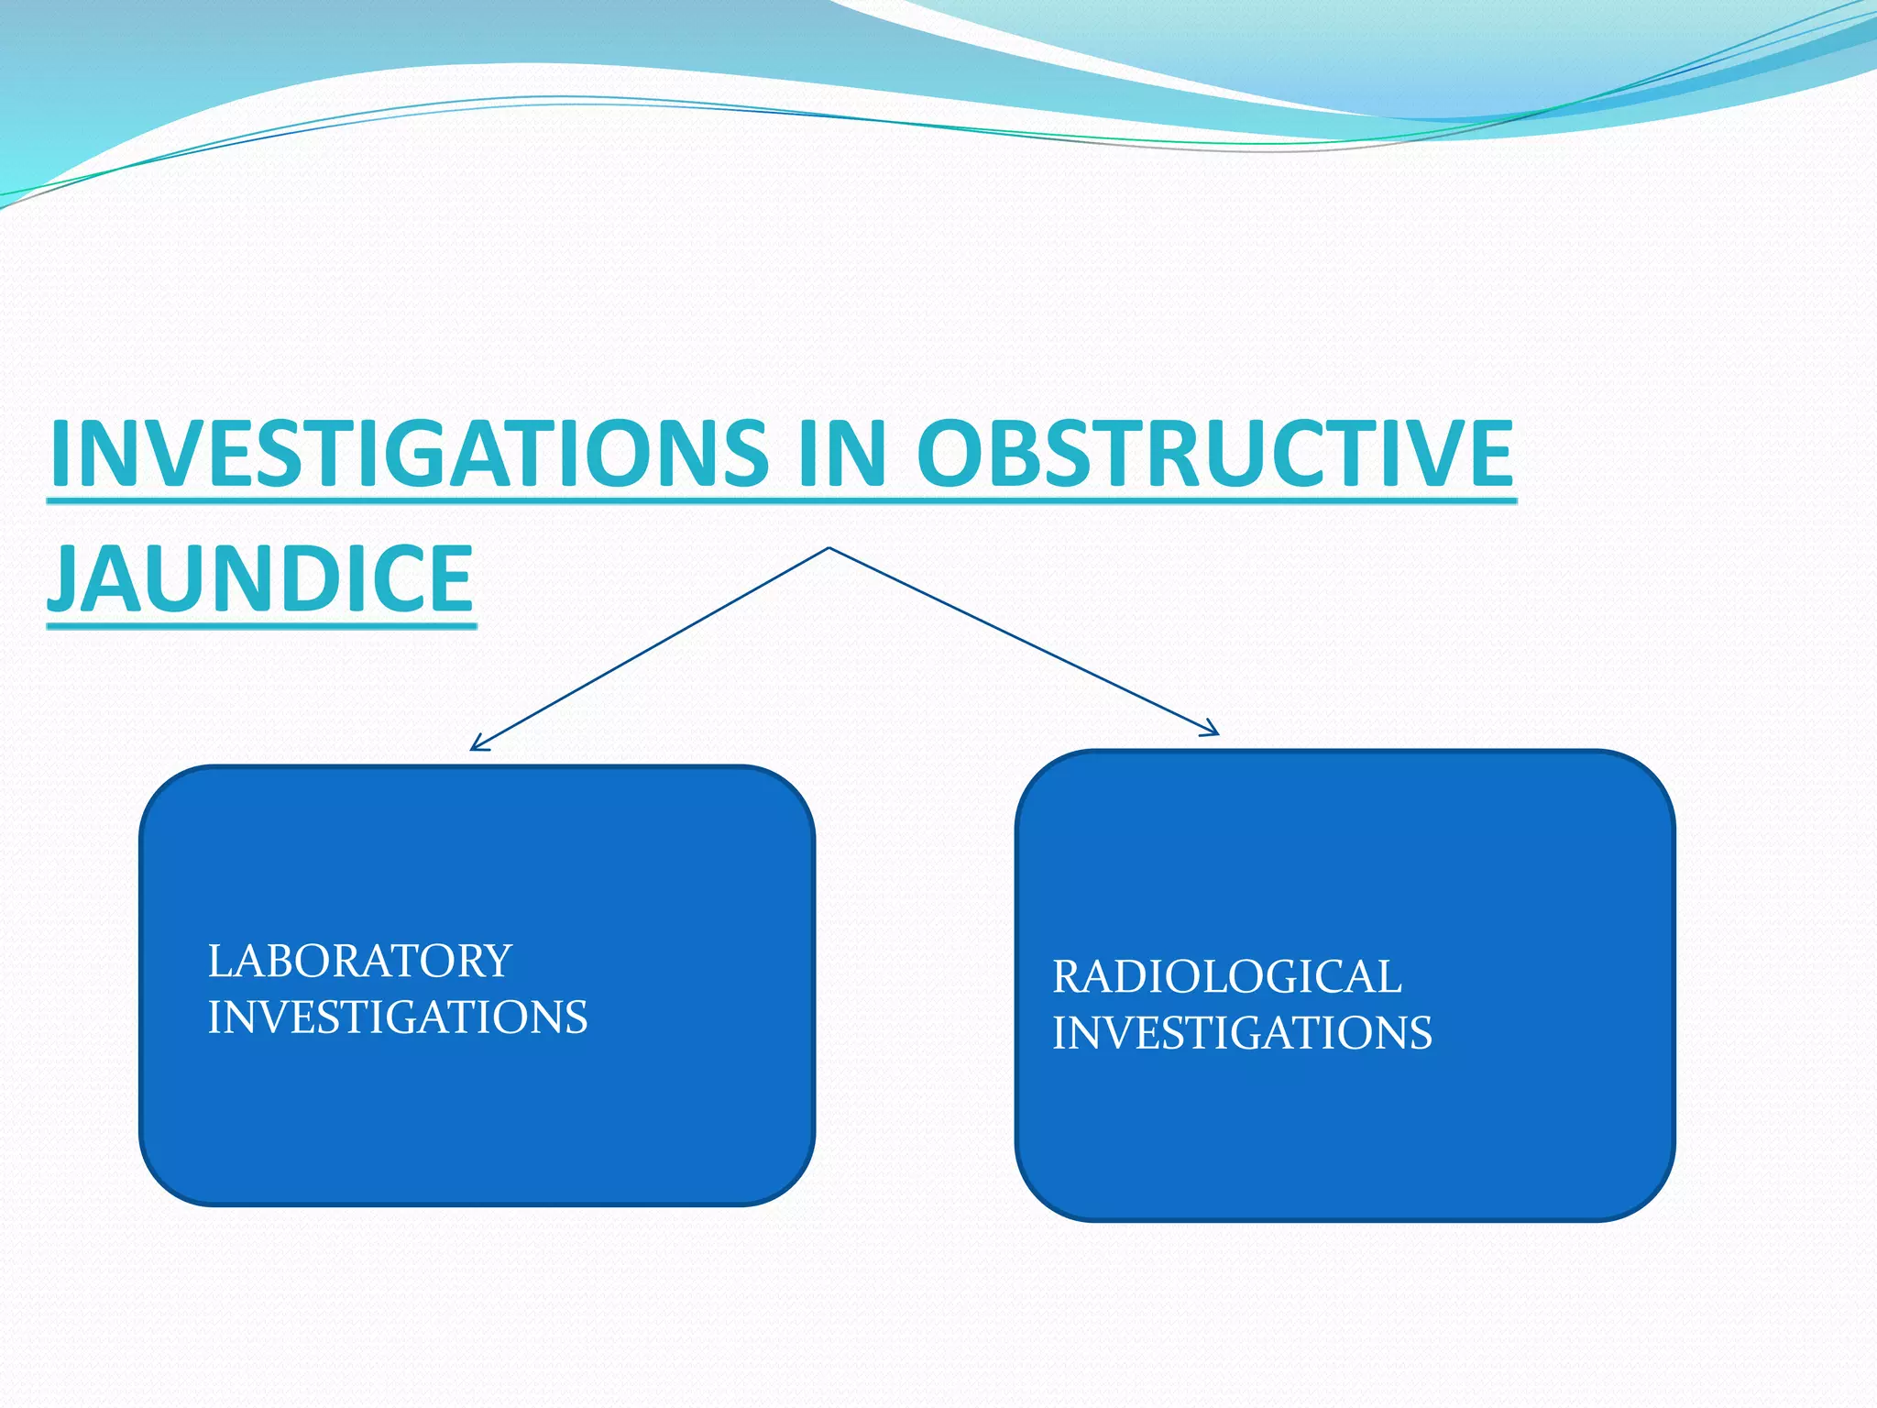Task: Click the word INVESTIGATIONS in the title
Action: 409,453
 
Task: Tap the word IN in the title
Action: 841,453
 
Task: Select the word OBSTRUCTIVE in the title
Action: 1214,453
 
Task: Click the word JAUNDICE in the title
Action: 261,577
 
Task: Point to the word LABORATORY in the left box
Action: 359,961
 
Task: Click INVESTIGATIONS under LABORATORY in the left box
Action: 397,1017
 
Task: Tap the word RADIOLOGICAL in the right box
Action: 1226,976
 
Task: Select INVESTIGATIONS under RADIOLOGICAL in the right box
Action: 1242,1033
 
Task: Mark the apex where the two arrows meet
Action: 829,548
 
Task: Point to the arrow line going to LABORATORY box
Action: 651,648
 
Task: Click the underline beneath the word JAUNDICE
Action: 261,626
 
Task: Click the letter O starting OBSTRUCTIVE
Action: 953,453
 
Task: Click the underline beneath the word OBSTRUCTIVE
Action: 1214,500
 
